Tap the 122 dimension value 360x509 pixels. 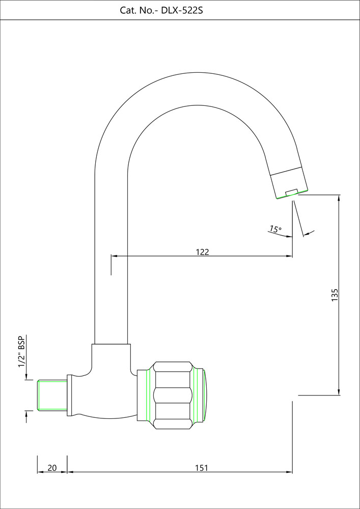click(x=202, y=252)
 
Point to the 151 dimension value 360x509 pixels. click(x=201, y=468)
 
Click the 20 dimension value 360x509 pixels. click(x=52, y=468)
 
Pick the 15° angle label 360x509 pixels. click(x=275, y=229)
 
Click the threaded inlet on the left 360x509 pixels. click(x=52, y=395)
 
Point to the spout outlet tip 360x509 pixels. click(x=292, y=194)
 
